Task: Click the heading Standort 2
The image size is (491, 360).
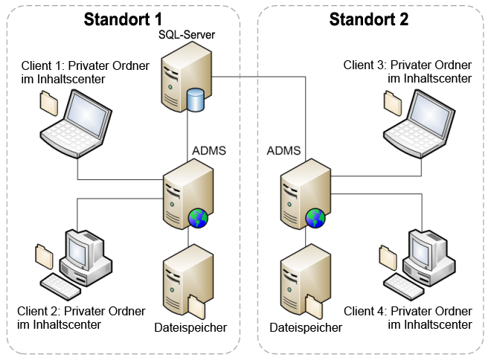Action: pyautogui.click(x=369, y=19)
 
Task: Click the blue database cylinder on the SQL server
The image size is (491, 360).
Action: pyautogui.click(x=196, y=100)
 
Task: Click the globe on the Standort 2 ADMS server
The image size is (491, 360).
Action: pyautogui.click(x=315, y=218)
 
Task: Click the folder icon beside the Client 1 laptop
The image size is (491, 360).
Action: pyautogui.click(x=48, y=102)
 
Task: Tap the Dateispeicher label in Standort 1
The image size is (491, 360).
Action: pyautogui.click(x=190, y=327)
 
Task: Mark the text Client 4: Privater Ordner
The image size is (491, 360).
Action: pyautogui.click(x=408, y=311)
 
